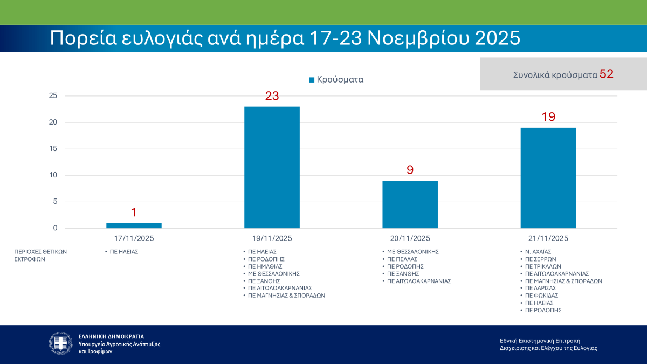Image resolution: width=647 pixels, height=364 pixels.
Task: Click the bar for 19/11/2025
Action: [272, 167]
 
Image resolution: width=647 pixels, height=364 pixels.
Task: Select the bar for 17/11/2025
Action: [134, 225]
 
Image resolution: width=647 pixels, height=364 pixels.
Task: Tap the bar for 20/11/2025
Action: [410, 204]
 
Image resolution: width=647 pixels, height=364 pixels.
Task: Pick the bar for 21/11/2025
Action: [548, 178]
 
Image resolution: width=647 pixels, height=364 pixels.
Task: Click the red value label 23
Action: [272, 97]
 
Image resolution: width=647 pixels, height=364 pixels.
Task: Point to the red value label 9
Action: [410, 170]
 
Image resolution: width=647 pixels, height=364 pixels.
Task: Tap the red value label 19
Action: [548, 117]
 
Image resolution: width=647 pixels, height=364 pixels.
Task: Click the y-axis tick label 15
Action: [53, 149]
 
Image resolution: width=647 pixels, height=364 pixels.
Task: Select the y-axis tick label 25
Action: [53, 96]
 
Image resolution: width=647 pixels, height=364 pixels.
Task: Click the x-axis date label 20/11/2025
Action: [410, 238]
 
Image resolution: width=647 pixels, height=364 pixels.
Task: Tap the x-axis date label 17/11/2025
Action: [134, 238]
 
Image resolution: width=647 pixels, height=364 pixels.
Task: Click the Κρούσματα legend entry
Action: [336, 79]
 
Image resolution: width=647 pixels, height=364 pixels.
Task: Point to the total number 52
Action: [607, 74]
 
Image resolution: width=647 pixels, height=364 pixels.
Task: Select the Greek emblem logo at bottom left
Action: [60, 343]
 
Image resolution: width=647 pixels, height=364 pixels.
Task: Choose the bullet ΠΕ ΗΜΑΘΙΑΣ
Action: [265, 266]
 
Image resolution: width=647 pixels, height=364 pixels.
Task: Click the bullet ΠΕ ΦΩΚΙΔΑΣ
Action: [542, 296]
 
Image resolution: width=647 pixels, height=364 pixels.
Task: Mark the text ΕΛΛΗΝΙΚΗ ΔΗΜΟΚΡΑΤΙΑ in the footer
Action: [112, 336]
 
